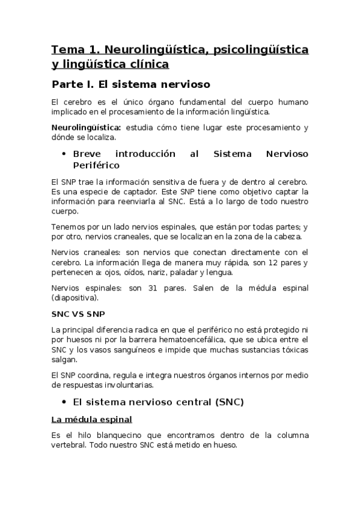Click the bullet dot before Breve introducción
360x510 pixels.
tap(63, 154)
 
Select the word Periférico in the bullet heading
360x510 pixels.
tap(96, 165)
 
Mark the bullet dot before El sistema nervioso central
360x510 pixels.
tap(63, 401)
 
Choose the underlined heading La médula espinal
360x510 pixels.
tap(91, 419)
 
